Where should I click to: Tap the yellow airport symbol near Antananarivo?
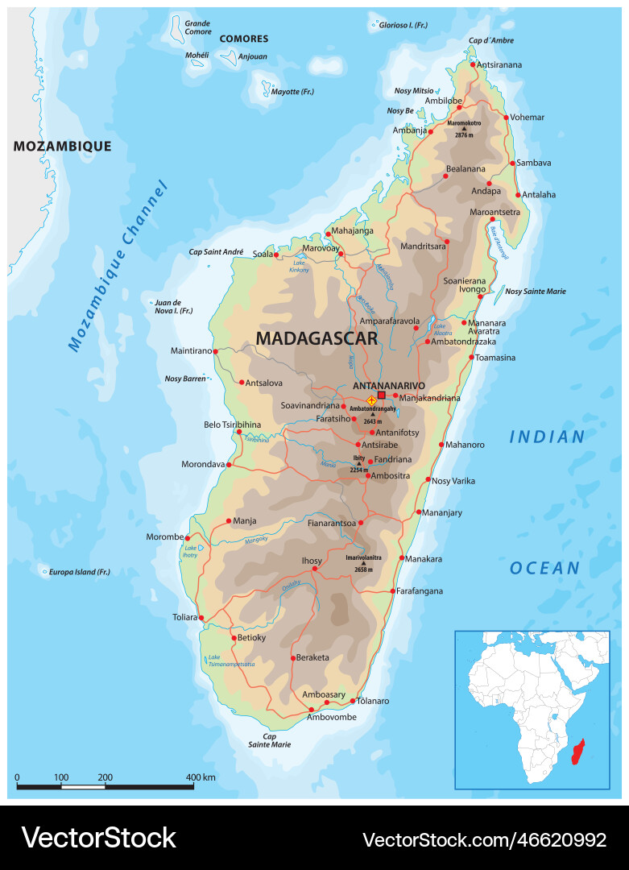[x=371, y=400]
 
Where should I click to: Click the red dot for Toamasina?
[x=471, y=357]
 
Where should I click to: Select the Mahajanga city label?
[x=353, y=231]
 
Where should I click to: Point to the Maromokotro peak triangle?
[x=464, y=129]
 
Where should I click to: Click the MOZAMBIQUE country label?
[x=62, y=146]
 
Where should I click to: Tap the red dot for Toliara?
[x=201, y=619]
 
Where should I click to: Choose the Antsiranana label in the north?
[x=499, y=64]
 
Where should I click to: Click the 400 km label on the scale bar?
[x=201, y=777]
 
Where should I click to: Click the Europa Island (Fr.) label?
[x=79, y=572]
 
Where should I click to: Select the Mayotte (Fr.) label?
[x=292, y=92]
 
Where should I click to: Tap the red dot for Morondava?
[x=229, y=465]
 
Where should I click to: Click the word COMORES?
[x=244, y=39]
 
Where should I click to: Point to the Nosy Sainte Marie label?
[x=536, y=291]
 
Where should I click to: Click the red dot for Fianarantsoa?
[x=361, y=522]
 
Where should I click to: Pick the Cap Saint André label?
[x=216, y=252]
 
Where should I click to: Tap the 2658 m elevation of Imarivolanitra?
[x=363, y=570]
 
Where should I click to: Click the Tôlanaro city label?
[x=373, y=701]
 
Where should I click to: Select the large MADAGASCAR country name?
[x=317, y=338]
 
